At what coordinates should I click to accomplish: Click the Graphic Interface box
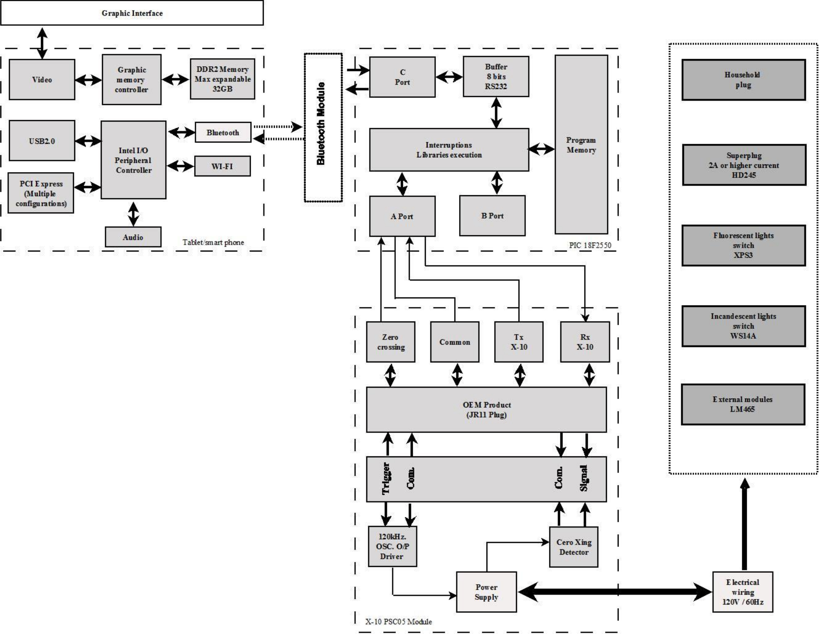tap(132, 13)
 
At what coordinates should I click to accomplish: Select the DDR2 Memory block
tap(222, 79)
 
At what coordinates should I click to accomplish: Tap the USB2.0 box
tap(42, 141)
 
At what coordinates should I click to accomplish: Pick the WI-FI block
tap(222, 166)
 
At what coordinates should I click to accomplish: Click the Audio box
tap(133, 237)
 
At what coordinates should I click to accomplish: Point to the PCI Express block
tap(41, 193)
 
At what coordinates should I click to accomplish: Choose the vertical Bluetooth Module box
tap(323, 127)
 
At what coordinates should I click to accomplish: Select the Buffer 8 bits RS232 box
tap(496, 76)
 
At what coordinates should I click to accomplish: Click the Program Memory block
tap(581, 145)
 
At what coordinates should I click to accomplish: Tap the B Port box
tap(492, 216)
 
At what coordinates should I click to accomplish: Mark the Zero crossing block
tap(391, 342)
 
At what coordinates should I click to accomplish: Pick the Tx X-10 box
tap(519, 342)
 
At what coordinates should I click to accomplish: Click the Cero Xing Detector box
tap(573, 547)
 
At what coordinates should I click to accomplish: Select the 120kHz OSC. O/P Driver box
tap(392, 546)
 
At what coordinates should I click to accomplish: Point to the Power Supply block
tap(486, 592)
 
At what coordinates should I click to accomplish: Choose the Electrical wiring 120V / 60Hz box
tap(743, 592)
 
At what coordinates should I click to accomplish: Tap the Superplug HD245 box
tap(744, 165)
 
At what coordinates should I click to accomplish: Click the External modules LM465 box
tap(743, 404)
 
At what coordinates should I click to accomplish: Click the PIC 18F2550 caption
tap(590, 245)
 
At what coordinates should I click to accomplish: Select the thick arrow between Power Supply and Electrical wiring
tap(615, 592)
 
